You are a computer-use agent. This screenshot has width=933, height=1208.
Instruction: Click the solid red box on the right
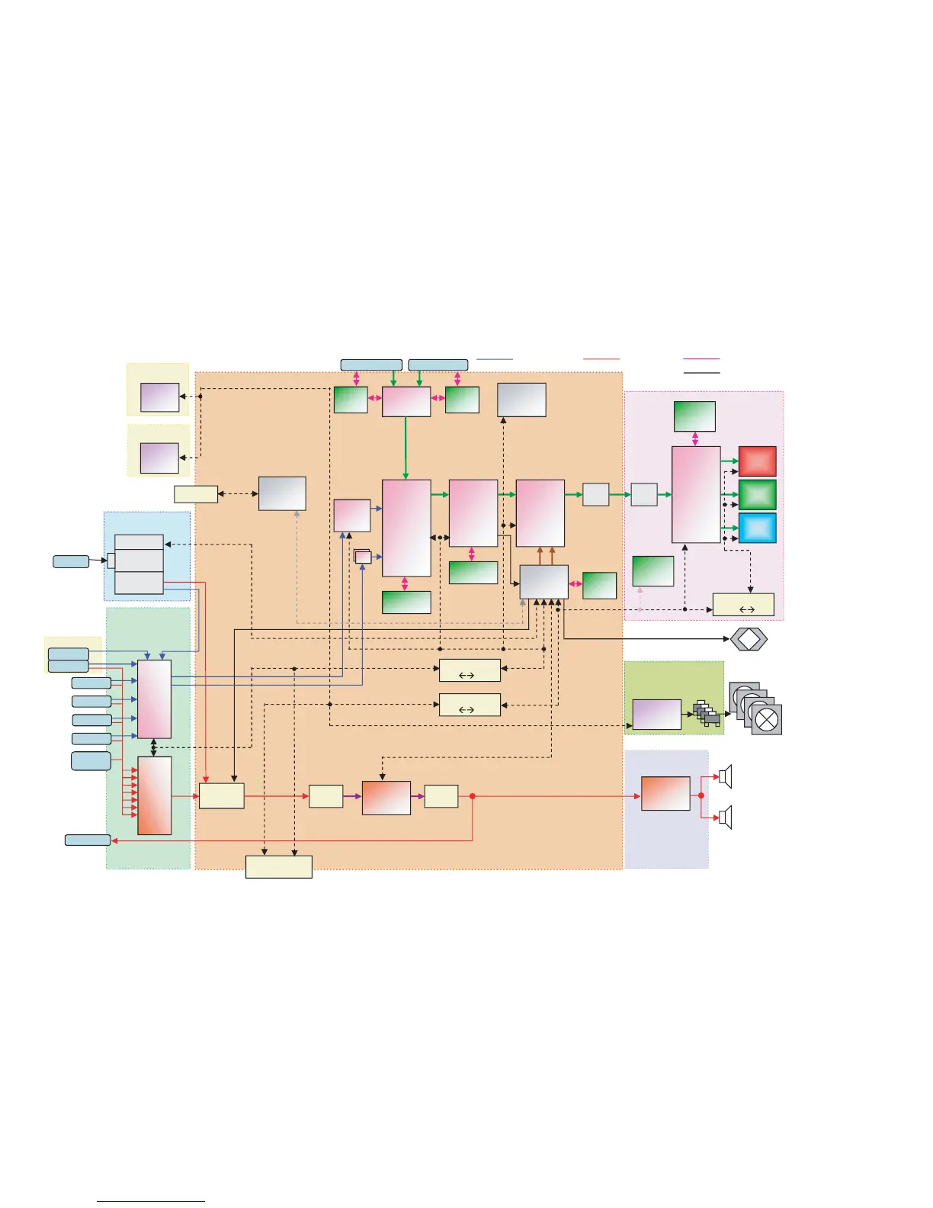tap(758, 461)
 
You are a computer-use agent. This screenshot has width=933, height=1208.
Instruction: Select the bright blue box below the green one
tap(758, 528)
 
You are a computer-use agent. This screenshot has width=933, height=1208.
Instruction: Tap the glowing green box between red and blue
tap(758, 494)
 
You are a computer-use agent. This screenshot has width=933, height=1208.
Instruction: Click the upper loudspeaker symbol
tap(725, 776)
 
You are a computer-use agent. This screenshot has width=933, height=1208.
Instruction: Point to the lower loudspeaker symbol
tap(725, 817)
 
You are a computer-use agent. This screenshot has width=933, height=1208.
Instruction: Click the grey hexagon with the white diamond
tap(749, 639)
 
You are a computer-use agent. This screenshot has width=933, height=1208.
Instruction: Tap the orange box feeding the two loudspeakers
tap(665, 794)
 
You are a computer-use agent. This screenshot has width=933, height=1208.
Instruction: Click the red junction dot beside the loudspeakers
tap(701, 795)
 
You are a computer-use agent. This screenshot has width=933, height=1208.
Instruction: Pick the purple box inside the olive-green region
tap(656, 715)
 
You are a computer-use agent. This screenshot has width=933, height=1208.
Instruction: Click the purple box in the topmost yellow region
tap(160, 397)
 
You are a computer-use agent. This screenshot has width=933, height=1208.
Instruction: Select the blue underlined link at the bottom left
tap(151, 1201)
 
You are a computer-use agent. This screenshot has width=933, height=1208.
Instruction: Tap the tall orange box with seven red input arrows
tap(154, 795)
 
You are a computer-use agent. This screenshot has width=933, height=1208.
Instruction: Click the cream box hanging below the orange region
tap(278, 867)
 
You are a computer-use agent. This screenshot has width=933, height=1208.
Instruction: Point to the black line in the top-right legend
tap(701, 373)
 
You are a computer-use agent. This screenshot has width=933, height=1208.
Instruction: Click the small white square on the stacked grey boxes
tap(111, 561)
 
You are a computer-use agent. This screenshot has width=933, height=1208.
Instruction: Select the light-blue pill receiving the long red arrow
tap(88, 840)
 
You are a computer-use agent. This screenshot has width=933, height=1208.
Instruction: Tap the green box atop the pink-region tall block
tap(694, 416)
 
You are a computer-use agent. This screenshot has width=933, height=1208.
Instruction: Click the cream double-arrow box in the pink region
tap(743, 605)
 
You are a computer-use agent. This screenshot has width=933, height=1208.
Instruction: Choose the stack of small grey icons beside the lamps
tap(707, 713)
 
